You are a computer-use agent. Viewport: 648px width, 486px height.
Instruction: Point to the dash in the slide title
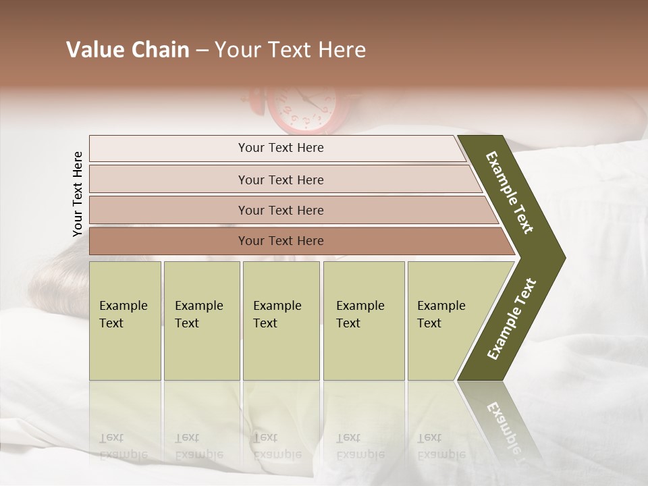pyautogui.click(x=202, y=51)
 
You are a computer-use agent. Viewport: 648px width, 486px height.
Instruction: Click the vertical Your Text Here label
pyautogui.click(x=78, y=194)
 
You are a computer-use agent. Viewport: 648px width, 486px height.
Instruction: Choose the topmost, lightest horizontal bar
pyautogui.click(x=280, y=148)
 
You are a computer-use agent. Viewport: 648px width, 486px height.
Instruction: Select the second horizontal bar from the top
pyautogui.click(x=280, y=180)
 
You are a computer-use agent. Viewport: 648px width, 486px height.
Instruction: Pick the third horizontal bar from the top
pyautogui.click(x=280, y=210)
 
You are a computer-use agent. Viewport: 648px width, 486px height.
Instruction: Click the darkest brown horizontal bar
pyautogui.click(x=280, y=241)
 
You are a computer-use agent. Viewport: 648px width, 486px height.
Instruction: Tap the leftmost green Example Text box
pyautogui.click(x=125, y=321)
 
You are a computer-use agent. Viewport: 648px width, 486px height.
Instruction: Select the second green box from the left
pyautogui.click(x=201, y=321)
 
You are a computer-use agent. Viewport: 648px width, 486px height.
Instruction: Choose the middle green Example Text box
pyautogui.click(x=281, y=321)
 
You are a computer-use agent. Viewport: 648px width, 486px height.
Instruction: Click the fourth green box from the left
pyautogui.click(x=363, y=321)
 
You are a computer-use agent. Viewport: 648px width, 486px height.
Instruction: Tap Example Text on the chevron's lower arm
pyautogui.click(x=512, y=319)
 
